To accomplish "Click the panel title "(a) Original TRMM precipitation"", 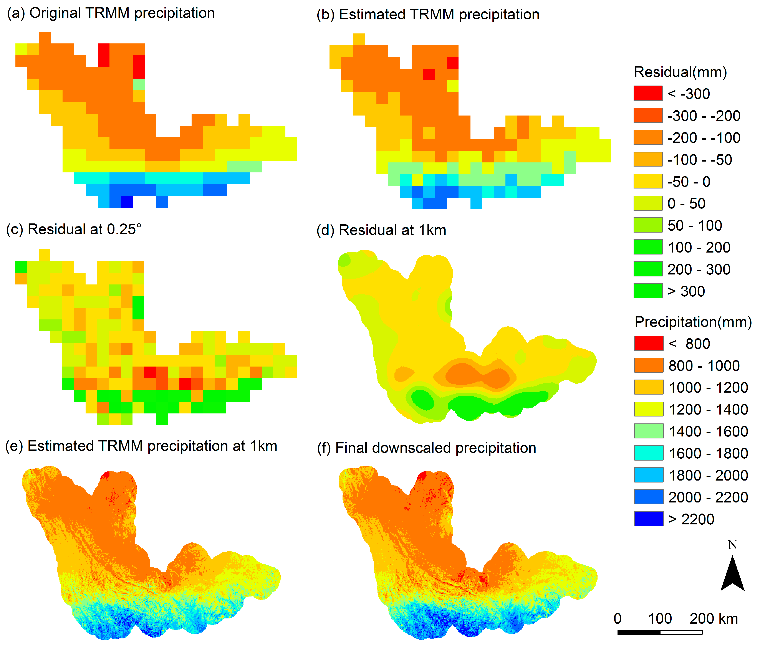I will [111, 13].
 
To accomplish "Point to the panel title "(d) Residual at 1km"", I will [381, 230].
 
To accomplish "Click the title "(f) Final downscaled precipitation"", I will [426, 448].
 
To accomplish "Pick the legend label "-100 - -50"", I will [700, 160].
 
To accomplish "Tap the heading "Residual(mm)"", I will [680, 72].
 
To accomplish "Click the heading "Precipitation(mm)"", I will [693, 322].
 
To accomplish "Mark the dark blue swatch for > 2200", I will [649, 519].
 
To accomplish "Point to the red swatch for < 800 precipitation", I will [649, 344].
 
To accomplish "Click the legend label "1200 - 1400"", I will [708, 410].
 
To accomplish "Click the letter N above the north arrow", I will [732, 545].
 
